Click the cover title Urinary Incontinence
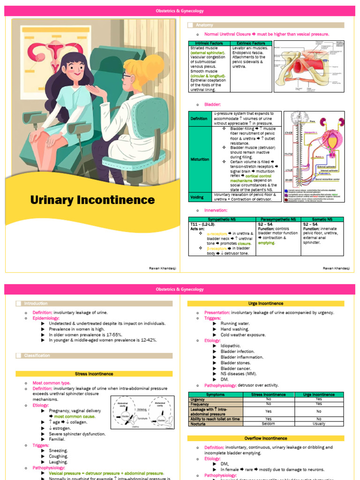click(92, 200)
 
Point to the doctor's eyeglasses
click(127, 75)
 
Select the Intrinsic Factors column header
click(209, 43)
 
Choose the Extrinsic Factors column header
click(251, 43)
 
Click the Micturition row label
click(200, 159)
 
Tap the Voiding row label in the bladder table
click(197, 197)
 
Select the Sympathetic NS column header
click(221, 219)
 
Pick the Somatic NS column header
click(322, 219)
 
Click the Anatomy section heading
click(204, 25)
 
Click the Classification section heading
click(37, 355)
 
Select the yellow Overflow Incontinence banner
click(265, 438)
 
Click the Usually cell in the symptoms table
click(319, 424)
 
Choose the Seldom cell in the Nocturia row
click(269, 424)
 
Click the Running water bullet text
click(237, 323)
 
